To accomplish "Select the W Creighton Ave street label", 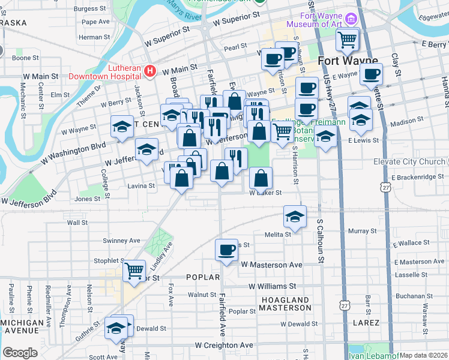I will point(224,346).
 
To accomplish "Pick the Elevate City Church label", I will point(409,162).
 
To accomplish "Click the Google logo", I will point(20,353).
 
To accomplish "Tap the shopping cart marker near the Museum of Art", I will point(348,40).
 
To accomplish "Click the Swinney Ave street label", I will point(121,241).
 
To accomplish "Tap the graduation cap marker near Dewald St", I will point(115,328).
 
